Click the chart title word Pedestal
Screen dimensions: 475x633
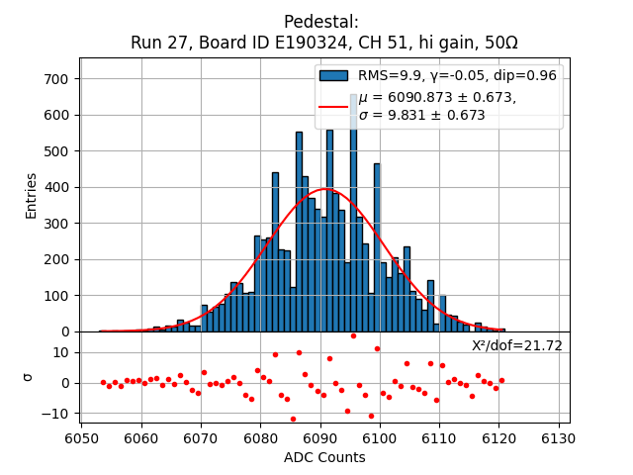pyautogui.click(x=320, y=22)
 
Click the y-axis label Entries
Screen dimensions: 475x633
pyautogui.click(x=31, y=196)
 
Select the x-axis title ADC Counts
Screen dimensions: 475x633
pyautogui.click(x=324, y=457)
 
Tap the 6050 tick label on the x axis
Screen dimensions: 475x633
pyautogui.click(x=81, y=438)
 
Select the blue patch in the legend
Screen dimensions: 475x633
pyautogui.click(x=334, y=75)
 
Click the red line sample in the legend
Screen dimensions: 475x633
pyautogui.click(x=334, y=106)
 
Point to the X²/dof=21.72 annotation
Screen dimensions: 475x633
pyautogui.click(x=516, y=345)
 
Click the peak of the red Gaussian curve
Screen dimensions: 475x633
pyautogui.click(x=326, y=189)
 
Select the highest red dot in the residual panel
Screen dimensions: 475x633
pyautogui.click(x=353, y=335)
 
